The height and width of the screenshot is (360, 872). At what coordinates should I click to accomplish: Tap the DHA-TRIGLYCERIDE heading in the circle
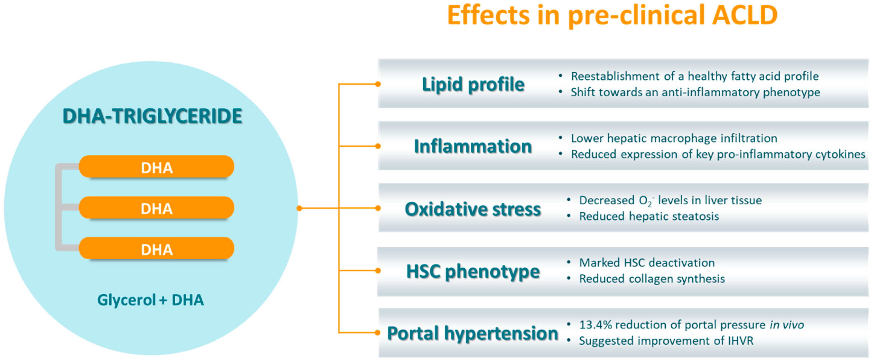[152, 116]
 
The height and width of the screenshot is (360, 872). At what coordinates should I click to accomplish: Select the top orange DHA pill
[156, 167]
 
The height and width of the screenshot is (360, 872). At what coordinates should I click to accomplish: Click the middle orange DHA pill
[156, 208]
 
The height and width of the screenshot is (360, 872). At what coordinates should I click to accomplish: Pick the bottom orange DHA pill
[156, 249]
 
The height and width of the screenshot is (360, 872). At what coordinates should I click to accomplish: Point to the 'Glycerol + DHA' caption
[151, 300]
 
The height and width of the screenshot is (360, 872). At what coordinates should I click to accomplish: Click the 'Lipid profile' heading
[473, 84]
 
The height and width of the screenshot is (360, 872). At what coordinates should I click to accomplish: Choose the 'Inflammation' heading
[473, 146]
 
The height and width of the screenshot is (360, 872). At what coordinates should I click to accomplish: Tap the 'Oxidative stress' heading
[473, 209]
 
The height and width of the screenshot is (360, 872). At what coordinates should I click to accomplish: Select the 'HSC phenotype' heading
[473, 271]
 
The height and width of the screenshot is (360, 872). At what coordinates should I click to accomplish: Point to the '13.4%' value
[596, 325]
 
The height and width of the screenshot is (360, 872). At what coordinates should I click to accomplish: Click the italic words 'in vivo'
[787, 325]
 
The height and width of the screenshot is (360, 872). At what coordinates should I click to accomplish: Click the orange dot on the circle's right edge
[299, 208]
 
